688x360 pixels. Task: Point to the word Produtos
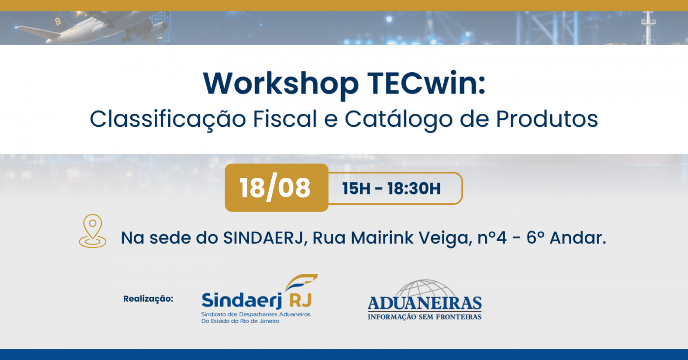tap(547, 119)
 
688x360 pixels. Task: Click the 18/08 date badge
tap(276, 188)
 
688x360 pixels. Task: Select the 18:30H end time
tap(414, 189)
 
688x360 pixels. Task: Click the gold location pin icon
tap(92, 231)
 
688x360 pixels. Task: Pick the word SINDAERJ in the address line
tap(263, 238)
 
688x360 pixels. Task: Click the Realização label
tap(148, 299)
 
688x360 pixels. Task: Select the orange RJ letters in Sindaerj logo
tap(300, 300)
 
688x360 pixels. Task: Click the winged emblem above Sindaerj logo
tap(301, 282)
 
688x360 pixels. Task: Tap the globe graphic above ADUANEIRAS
tap(425, 288)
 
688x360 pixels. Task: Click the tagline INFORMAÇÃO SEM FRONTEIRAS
tap(425, 317)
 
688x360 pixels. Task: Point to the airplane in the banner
tap(92, 28)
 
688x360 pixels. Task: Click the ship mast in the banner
tap(648, 28)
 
